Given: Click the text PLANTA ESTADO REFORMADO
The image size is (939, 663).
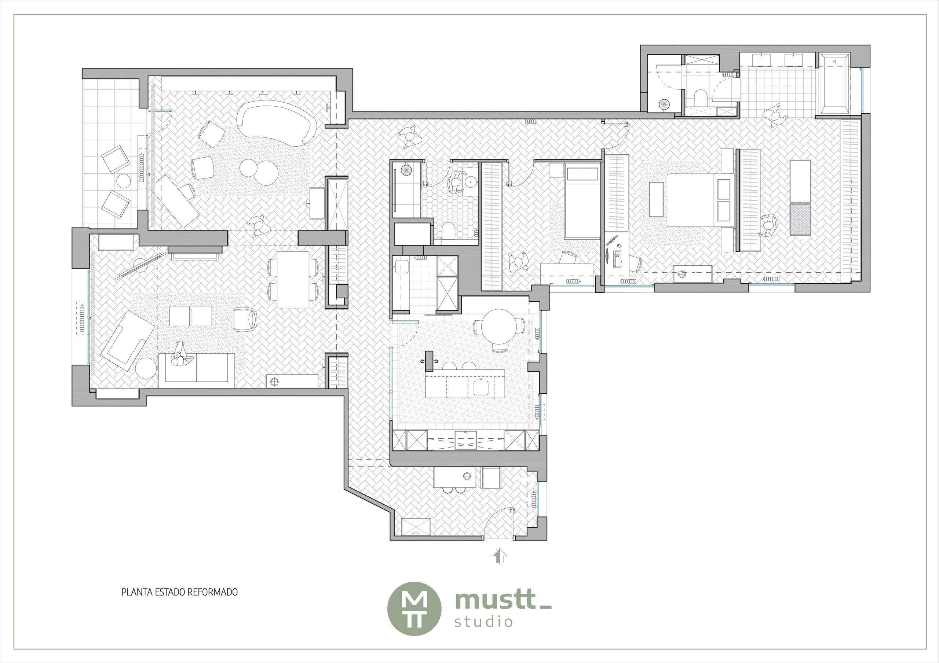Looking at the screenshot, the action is click(x=179, y=592).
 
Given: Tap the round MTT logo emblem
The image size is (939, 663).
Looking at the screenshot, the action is click(x=414, y=609).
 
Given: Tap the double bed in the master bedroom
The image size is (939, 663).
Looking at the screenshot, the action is click(x=701, y=200).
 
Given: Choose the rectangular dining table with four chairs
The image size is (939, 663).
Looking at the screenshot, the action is click(x=293, y=280).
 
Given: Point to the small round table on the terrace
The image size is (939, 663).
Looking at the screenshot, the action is click(x=124, y=181).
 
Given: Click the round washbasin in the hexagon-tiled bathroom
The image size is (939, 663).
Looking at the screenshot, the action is click(x=472, y=180).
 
